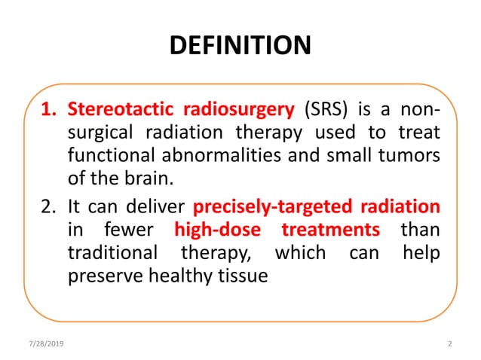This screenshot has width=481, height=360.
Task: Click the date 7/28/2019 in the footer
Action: [48, 343]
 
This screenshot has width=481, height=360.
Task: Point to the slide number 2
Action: [449, 343]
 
